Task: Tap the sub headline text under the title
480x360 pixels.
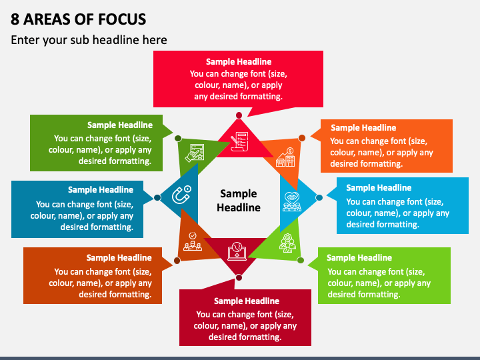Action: click(89, 40)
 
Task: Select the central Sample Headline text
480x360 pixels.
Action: click(239, 201)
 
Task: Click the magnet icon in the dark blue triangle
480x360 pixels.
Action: click(181, 195)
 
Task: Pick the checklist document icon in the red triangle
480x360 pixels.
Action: click(239, 141)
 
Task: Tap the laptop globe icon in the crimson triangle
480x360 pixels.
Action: click(237, 251)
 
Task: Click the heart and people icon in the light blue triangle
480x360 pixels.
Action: click(292, 202)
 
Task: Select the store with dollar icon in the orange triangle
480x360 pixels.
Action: click(285, 157)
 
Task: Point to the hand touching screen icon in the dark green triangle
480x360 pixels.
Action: click(195, 153)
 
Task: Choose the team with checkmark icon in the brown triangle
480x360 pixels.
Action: click(193, 241)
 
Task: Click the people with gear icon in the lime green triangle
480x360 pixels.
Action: click(287, 243)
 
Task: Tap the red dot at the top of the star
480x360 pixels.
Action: click(239, 115)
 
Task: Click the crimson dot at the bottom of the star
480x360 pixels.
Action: click(239, 277)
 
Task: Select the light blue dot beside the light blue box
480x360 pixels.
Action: click(319, 198)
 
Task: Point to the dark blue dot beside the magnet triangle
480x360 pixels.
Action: click(157, 198)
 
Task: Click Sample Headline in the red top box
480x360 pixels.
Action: click(239, 62)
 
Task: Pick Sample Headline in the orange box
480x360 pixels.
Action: click(363, 127)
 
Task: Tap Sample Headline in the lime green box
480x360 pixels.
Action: click(359, 258)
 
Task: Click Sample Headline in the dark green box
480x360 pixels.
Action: click(120, 125)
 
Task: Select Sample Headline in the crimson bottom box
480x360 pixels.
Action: click(247, 301)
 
